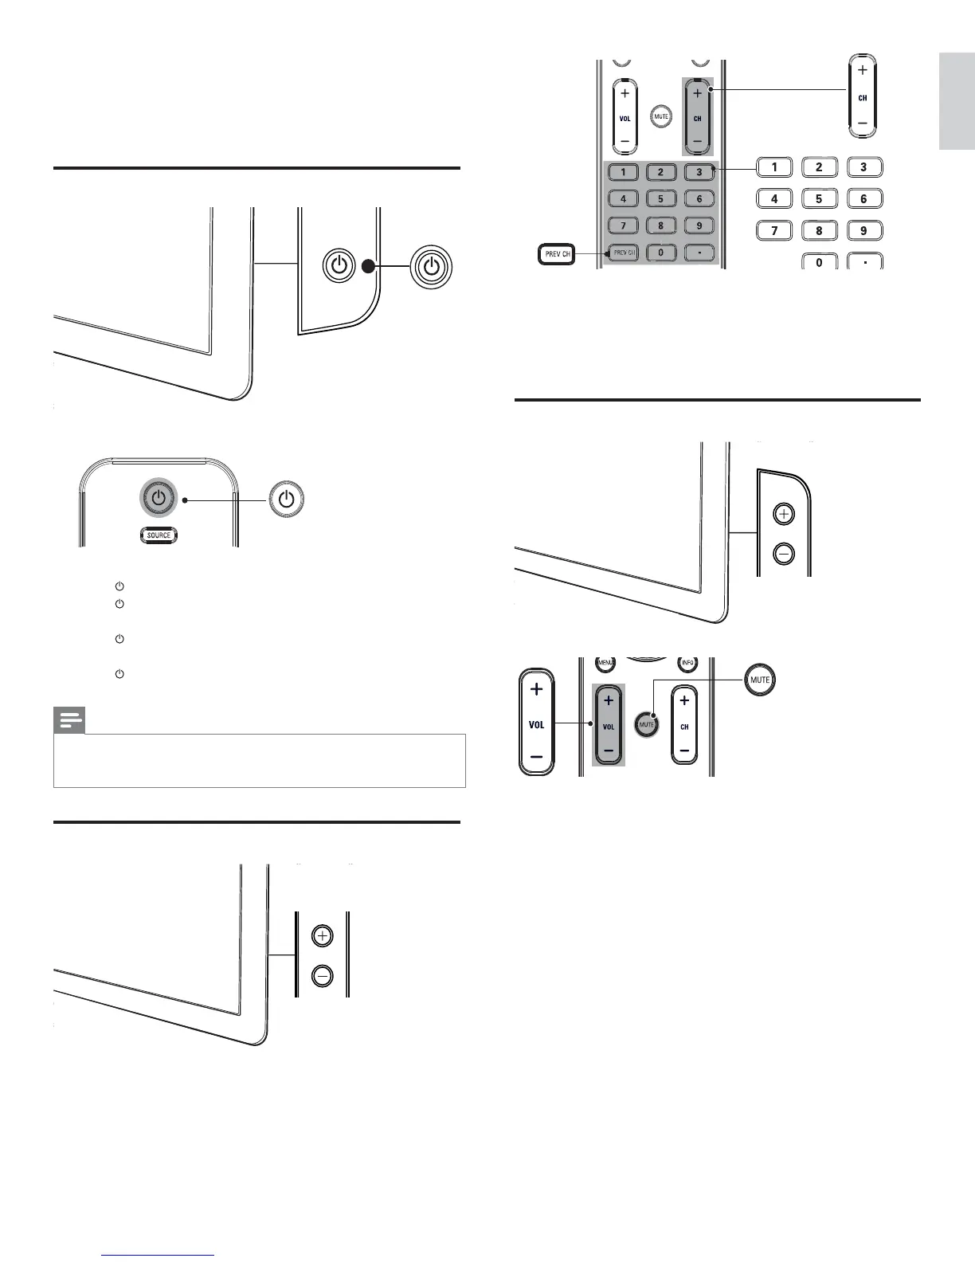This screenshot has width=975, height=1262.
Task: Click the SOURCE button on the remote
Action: [159, 535]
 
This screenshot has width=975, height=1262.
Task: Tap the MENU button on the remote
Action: [605, 663]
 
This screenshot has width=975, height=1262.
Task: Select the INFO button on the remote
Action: [687, 663]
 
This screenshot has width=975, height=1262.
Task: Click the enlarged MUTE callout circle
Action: [759, 680]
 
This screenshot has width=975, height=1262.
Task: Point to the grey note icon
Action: [70, 721]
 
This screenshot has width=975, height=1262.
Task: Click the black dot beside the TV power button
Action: [367, 267]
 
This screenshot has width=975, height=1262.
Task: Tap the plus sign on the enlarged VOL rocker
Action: [536, 689]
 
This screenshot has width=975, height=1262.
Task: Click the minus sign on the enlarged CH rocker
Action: [862, 123]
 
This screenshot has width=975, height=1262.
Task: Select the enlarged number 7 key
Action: [773, 231]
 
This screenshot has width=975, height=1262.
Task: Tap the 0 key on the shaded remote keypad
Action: [661, 253]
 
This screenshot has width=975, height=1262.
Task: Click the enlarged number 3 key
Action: [863, 167]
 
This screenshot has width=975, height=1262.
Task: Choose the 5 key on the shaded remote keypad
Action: [661, 199]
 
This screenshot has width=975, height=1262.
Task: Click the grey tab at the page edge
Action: [957, 101]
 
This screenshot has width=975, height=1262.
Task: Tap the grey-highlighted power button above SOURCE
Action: [159, 500]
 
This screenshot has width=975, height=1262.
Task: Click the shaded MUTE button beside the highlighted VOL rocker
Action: [646, 725]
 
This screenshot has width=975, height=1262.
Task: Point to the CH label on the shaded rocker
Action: [698, 118]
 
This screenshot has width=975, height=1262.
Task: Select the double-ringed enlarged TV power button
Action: [431, 266]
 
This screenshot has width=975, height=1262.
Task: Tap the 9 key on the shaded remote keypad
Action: [699, 226]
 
